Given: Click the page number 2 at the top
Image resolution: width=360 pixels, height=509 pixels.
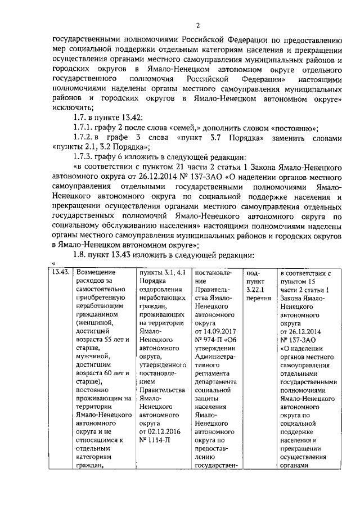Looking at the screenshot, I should tap(197, 25).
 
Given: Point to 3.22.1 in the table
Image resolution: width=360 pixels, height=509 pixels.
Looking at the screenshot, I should tap(256, 289).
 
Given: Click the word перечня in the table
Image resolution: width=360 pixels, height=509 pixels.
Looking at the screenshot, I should tap(259, 298).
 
